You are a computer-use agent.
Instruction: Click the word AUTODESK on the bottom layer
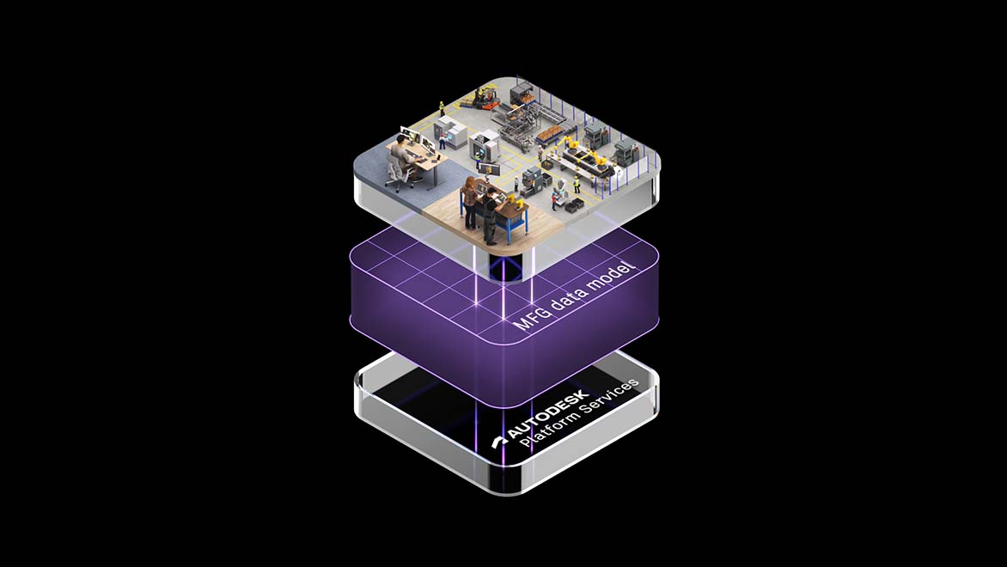click(x=549, y=414)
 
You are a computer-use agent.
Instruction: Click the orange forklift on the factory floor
click(x=485, y=98)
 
